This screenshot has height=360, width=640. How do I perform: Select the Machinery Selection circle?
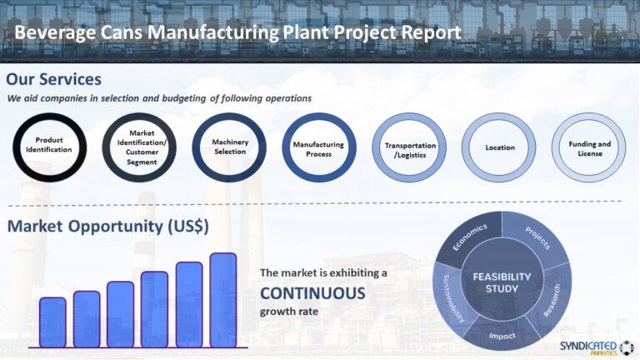[x=230, y=147]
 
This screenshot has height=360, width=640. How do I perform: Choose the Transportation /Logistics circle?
[x=409, y=148]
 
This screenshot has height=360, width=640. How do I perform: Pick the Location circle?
[x=499, y=147]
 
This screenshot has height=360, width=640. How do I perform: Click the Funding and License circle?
[x=589, y=148]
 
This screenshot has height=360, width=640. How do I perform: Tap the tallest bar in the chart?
[x=223, y=299]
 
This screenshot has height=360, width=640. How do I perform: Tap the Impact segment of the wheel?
[x=502, y=336]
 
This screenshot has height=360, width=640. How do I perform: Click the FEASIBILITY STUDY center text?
[x=502, y=282]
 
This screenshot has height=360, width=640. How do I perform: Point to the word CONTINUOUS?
[x=312, y=293]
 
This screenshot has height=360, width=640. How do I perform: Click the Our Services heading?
[x=54, y=79]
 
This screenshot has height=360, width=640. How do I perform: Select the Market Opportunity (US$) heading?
[x=107, y=227]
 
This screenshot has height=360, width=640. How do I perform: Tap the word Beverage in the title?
[x=53, y=32]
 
